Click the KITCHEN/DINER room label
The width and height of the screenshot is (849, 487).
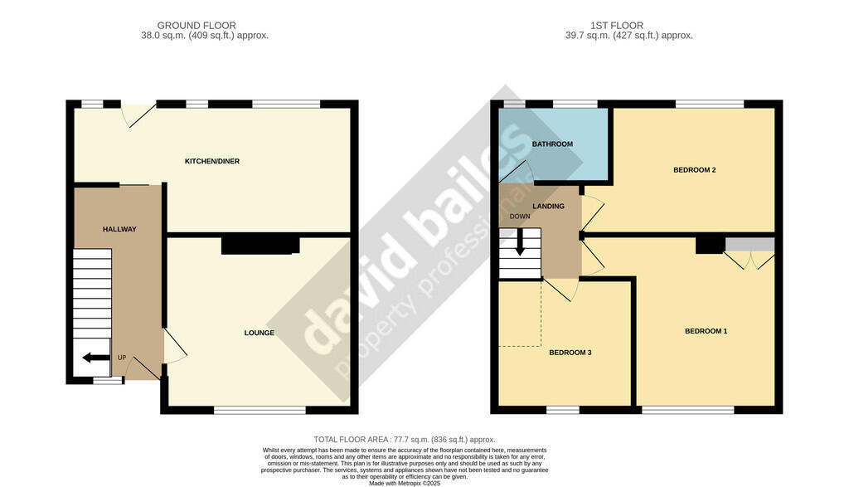[x=211, y=162]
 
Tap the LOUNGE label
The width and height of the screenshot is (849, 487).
[x=259, y=334]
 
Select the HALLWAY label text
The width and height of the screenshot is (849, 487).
[x=119, y=230]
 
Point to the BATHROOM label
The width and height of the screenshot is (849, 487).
[x=552, y=144]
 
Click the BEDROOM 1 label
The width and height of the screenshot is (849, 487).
[x=706, y=332]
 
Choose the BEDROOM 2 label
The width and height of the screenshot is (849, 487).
[x=695, y=170]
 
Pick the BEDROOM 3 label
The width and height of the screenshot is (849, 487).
[x=570, y=353]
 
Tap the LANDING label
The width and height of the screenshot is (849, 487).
[x=549, y=207]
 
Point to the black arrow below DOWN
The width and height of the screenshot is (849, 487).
[x=520, y=242]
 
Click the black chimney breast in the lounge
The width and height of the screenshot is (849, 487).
[x=260, y=246]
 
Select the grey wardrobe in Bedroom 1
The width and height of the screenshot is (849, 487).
[x=750, y=244]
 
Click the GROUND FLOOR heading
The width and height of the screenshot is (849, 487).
[x=196, y=26]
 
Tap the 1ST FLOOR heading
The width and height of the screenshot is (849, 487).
[x=617, y=26]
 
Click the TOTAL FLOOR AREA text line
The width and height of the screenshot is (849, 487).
[x=405, y=440]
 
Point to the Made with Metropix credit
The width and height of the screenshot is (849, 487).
[x=405, y=483]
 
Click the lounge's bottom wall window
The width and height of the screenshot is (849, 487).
[x=260, y=411]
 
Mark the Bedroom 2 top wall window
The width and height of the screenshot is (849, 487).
[x=710, y=104]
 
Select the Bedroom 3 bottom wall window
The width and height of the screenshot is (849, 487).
[x=563, y=410]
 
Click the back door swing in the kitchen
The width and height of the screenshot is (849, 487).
[x=138, y=114]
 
